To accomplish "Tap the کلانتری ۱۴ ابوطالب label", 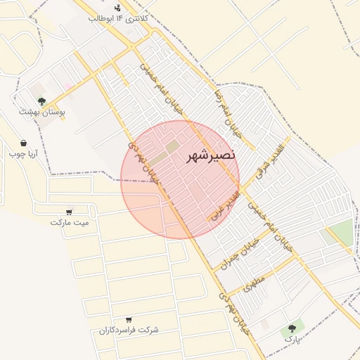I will tap(118, 18).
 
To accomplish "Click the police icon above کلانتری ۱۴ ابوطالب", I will tap(118, 7).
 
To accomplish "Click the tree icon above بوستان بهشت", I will tap(41, 101).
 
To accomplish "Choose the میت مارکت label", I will tap(70, 222).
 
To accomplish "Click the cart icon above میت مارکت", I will tap(69, 212).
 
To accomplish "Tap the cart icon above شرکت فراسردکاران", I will tap(128, 320).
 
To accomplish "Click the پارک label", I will tap(292, 338).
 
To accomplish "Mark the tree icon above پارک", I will tap(292, 328).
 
